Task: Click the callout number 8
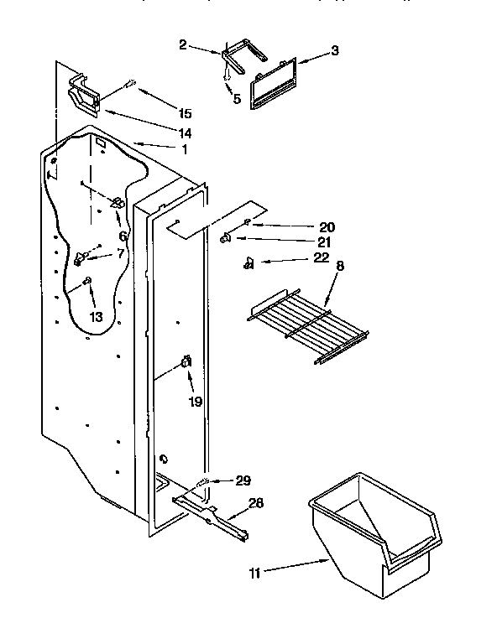340,267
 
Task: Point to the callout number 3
334,51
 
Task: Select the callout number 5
237,99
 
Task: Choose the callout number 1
184,149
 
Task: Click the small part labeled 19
186,361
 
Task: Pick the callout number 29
243,480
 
